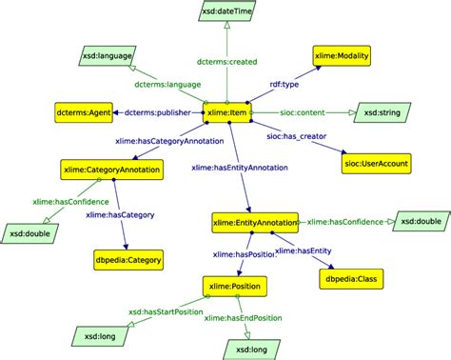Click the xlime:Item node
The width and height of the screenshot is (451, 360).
(x=227, y=113)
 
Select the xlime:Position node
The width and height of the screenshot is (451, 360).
(x=234, y=284)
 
